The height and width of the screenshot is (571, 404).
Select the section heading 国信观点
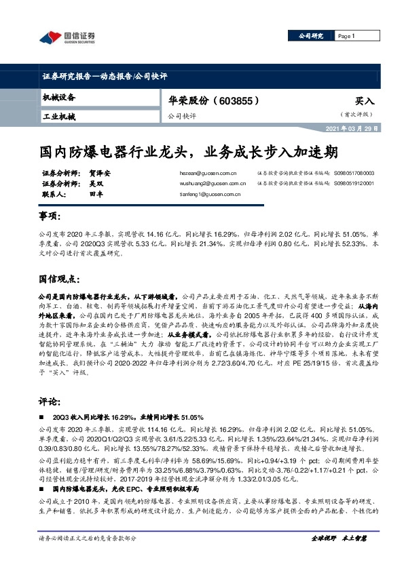(x=60, y=279)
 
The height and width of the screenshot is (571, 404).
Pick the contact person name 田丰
(x=95, y=193)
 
